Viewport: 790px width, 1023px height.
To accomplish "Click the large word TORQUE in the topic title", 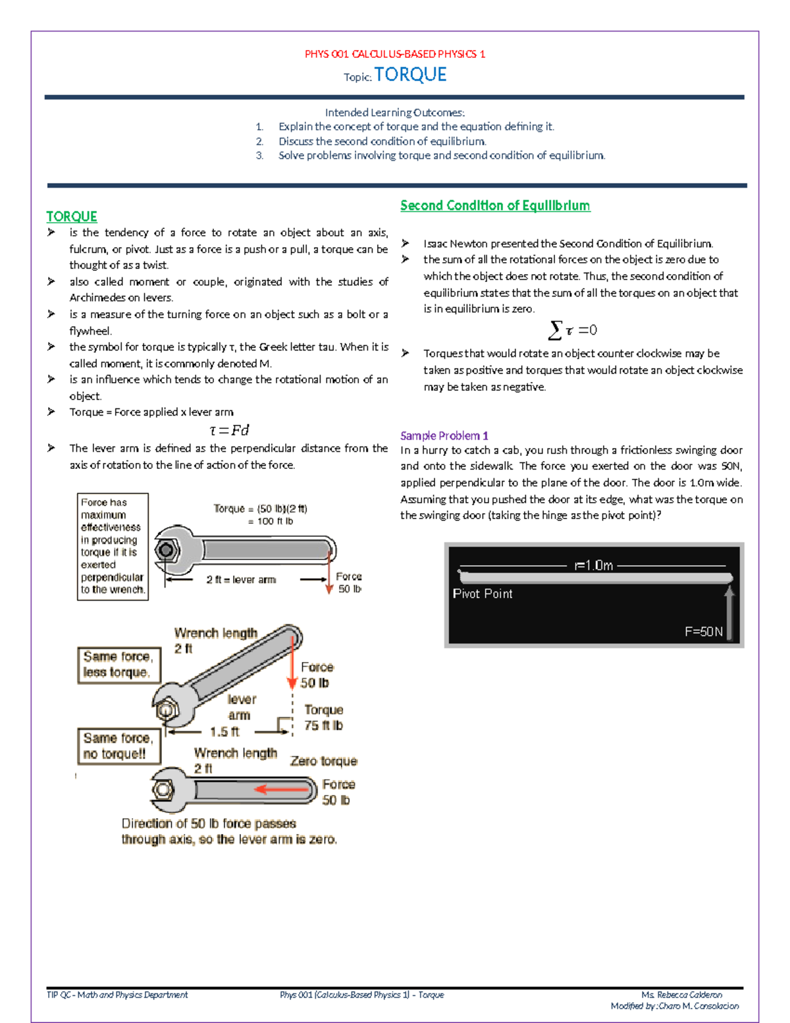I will click(x=410, y=75).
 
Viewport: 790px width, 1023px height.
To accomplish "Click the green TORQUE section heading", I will click(x=72, y=217).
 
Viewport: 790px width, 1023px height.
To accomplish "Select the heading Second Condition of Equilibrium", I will click(x=495, y=206).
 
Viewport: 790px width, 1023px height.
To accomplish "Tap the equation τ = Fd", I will click(x=229, y=430).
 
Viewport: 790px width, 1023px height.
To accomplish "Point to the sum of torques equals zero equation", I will click(x=573, y=330).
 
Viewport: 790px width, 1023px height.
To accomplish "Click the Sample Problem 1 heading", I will click(x=444, y=435).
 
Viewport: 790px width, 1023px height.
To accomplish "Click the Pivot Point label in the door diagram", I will click(x=483, y=594).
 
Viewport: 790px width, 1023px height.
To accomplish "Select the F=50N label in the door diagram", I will click(x=704, y=632).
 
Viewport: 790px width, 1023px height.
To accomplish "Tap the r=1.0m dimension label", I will click(x=594, y=565).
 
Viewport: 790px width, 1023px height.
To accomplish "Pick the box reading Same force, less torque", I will click(x=118, y=665).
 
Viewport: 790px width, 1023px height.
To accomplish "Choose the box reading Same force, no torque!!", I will click(x=118, y=746).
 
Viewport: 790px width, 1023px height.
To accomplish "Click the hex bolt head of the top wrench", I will click(x=166, y=549).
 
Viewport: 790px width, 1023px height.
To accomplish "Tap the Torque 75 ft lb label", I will click(x=323, y=717).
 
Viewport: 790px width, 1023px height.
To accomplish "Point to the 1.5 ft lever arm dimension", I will click(x=224, y=732).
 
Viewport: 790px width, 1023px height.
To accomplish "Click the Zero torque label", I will click(x=323, y=761).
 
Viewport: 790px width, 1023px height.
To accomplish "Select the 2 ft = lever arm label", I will click(x=241, y=580).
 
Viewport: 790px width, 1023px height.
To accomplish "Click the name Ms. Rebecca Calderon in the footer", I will click(x=681, y=995).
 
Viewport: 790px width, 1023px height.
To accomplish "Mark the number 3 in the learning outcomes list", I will click(x=260, y=155).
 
